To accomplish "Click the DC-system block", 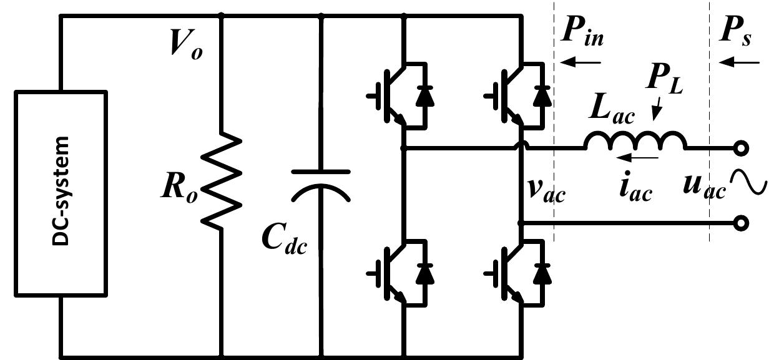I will coord(61,193).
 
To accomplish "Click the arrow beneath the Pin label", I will coord(580,62).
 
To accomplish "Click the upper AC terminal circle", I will coord(741,148).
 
